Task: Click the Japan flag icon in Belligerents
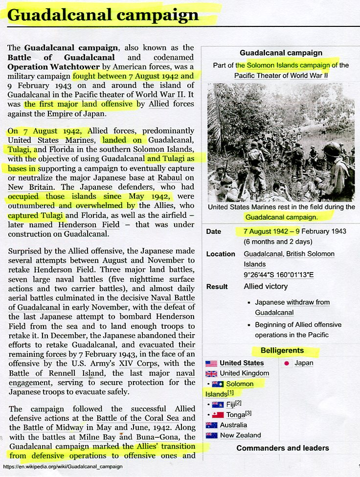click(287, 363)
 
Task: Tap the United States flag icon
click(211, 363)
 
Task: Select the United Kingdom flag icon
click(211, 373)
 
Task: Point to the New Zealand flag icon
click(211, 435)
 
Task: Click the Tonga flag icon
click(218, 415)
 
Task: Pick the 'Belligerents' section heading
click(282, 351)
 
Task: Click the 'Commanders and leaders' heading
click(282, 448)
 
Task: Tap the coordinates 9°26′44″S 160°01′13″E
click(278, 274)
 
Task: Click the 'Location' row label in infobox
click(221, 254)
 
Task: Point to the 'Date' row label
click(214, 231)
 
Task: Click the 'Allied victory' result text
click(266, 287)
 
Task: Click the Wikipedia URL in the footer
click(62, 467)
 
